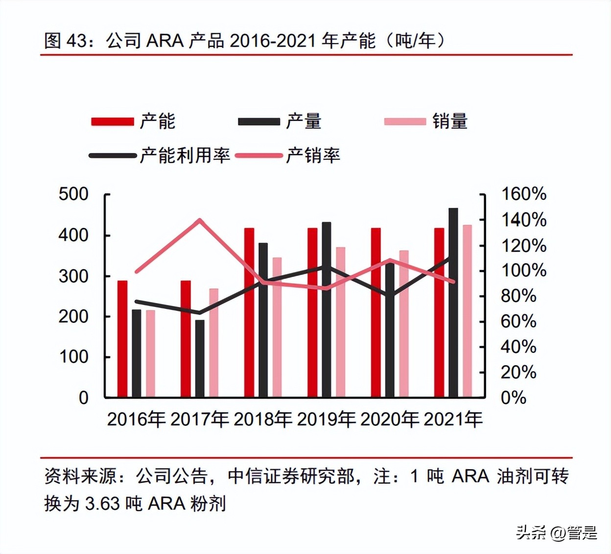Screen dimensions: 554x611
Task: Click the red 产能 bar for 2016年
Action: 122,338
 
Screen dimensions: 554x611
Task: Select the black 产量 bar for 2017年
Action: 200,358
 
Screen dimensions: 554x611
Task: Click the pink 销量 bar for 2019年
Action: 340,322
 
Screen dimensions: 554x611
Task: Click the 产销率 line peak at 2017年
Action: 199,220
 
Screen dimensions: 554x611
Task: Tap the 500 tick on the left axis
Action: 73,194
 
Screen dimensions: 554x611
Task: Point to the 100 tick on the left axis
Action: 73,357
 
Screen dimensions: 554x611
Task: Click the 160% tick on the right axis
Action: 523,194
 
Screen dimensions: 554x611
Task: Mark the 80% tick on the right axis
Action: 518,296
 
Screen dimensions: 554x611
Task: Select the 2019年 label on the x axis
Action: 326,420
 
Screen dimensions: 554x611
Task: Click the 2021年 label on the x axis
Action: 453,420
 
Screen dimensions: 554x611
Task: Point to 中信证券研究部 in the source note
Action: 291,476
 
